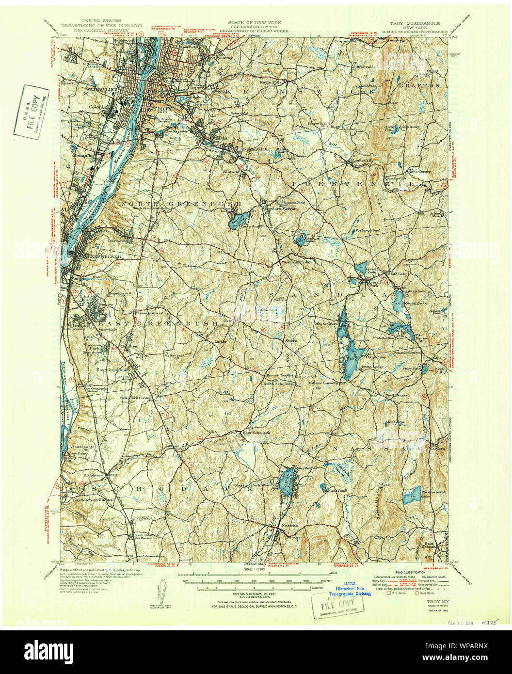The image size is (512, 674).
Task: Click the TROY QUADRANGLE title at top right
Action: tap(415, 23)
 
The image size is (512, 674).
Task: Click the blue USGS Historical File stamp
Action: tap(350, 589)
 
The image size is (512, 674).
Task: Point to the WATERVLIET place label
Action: tap(86, 89)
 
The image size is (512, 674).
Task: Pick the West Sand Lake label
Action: tap(295, 262)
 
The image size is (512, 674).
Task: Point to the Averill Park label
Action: tap(367, 286)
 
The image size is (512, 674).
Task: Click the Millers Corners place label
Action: tap(323, 383)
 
